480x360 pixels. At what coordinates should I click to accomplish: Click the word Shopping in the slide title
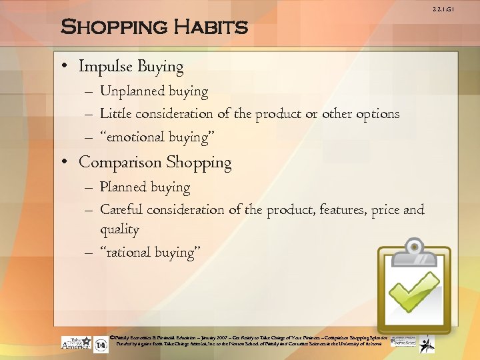[113, 27]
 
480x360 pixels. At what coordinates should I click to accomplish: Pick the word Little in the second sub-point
[115, 114]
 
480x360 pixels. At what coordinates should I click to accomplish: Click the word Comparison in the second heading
[120, 163]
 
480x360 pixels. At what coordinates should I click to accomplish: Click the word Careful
[121, 210]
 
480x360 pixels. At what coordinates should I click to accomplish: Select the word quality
[119, 230]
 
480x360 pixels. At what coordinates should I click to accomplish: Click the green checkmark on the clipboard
[415, 291]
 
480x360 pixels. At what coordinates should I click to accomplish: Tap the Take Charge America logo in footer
[76, 343]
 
